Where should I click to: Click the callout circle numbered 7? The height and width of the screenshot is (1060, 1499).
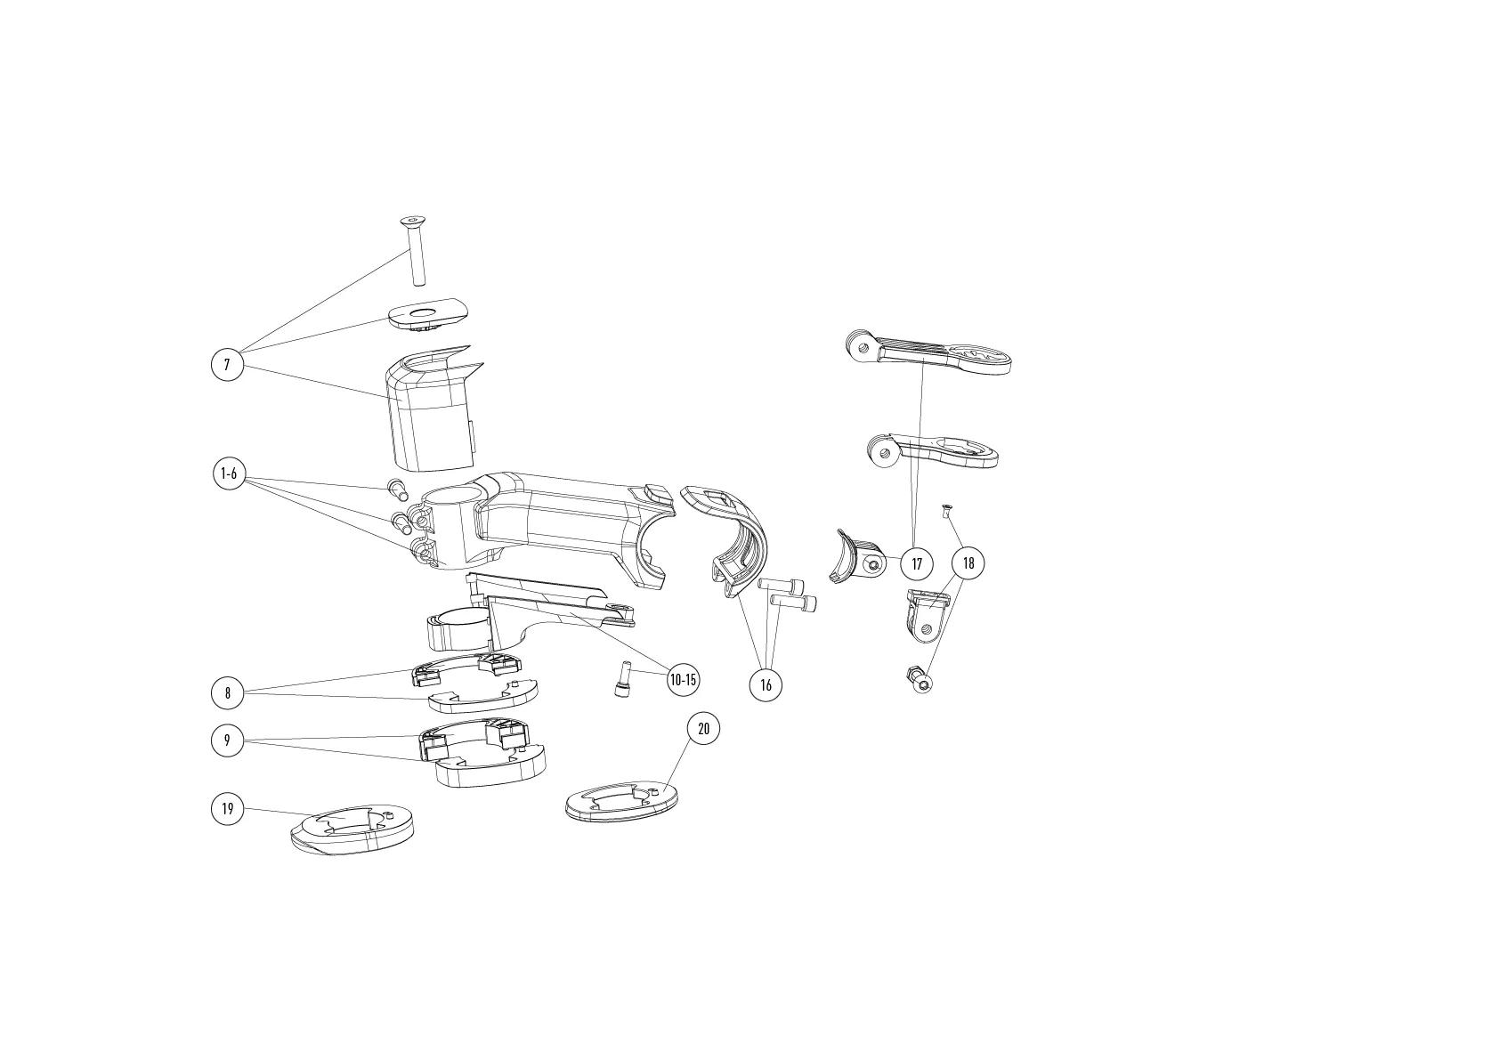point(227,365)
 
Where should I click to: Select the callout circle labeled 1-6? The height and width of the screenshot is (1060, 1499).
point(229,474)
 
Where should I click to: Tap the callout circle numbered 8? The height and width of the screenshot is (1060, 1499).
point(228,693)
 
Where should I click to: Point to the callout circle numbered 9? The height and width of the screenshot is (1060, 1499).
point(228,740)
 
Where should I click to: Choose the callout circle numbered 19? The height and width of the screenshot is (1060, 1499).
point(228,808)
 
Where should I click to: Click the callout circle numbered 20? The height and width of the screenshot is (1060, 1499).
point(703,729)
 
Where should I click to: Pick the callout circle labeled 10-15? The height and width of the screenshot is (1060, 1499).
point(683,681)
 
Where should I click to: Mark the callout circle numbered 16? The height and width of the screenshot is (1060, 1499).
point(766,684)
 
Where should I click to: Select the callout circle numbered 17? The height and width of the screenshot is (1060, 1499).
point(917,563)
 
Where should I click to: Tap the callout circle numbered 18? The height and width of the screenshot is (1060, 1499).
point(968,563)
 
